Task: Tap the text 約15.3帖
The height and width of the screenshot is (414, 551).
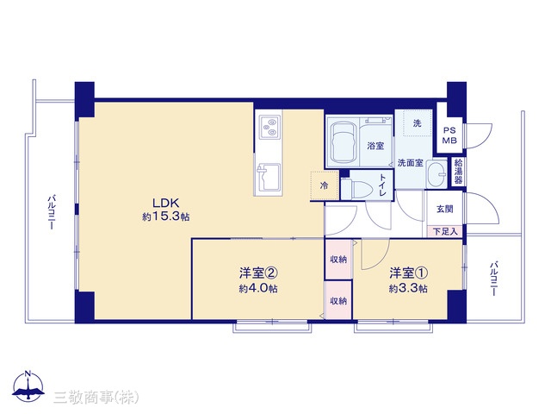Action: point(166,216)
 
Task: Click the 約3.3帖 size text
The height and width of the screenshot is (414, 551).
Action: point(408,289)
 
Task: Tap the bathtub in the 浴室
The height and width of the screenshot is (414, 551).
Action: point(343,142)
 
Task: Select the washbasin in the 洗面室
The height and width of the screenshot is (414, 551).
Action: point(436,174)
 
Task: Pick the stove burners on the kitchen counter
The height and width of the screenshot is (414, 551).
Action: point(269,128)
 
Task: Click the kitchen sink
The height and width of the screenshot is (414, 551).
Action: point(269,177)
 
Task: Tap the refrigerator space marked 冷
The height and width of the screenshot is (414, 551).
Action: point(325,185)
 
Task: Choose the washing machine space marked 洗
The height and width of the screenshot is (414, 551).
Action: point(417,122)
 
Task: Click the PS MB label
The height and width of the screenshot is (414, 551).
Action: point(449,135)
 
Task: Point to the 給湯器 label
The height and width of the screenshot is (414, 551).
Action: point(458,172)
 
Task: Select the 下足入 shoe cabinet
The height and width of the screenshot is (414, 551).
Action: point(445,232)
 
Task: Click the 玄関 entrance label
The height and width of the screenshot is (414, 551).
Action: point(444,209)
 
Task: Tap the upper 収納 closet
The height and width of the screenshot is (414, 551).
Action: point(338,260)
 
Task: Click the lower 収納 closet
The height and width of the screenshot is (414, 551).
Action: point(338,301)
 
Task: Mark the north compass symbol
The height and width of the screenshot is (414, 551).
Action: point(28,386)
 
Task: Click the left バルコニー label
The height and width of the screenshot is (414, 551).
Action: point(52,212)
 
